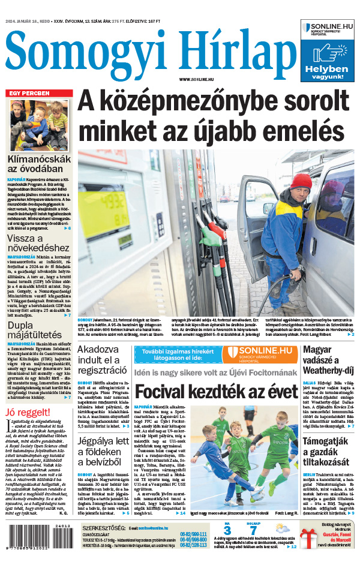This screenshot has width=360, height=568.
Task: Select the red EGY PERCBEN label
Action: click(28, 94)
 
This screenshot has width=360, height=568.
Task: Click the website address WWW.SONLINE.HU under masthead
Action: click(199, 80)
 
